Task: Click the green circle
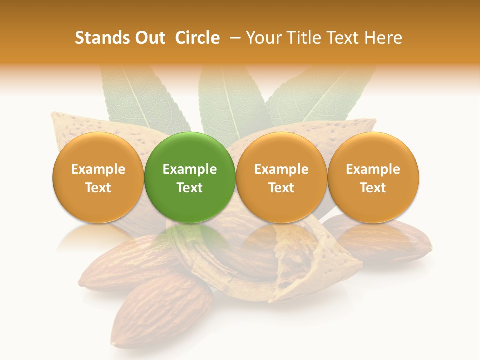click(x=190, y=177)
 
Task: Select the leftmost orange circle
click(x=98, y=177)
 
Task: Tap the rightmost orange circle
click(x=373, y=177)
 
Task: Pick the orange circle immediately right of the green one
click(x=281, y=177)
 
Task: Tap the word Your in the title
click(x=262, y=38)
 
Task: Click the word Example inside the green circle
click(x=190, y=170)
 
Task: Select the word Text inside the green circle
click(x=190, y=188)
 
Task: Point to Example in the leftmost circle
click(x=98, y=170)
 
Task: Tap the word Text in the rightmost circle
click(x=373, y=188)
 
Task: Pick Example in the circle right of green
click(x=281, y=170)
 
